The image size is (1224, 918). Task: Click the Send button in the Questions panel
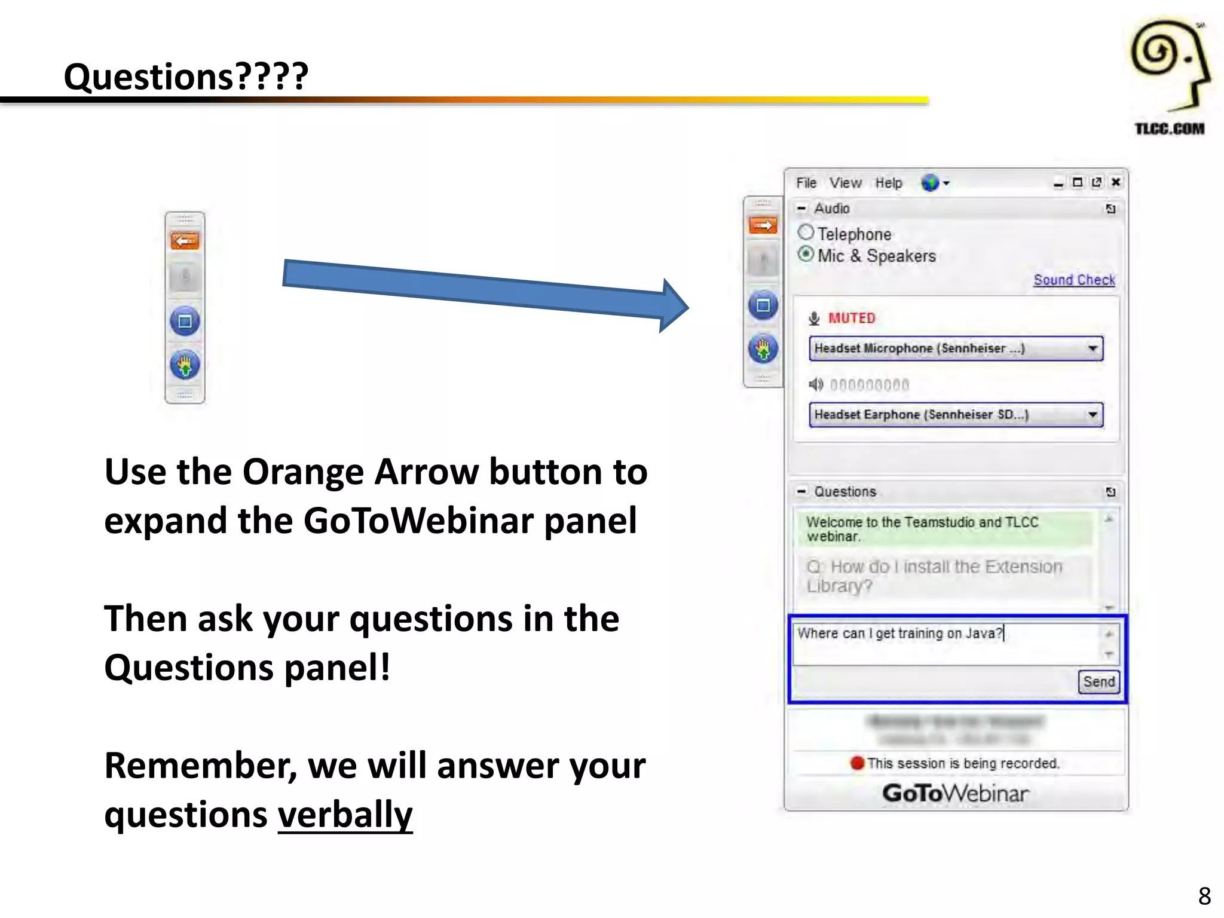click(1098, 681)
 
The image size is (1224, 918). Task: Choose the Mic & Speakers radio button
click(806, 254)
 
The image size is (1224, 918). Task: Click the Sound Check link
click(1074, 280)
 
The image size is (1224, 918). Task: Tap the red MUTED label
click(851, 318)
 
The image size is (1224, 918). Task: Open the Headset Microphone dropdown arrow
click(1093, 348)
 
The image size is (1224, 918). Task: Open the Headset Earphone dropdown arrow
click(1093, 415)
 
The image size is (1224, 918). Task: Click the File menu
click(806, 183)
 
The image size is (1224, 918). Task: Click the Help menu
click(889, 183)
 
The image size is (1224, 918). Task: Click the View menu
click(845, 183)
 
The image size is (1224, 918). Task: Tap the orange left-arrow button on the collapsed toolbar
click(185, 241)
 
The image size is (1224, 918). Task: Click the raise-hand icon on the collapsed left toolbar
click(185, 364)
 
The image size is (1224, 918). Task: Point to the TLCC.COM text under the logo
click(1169, 129)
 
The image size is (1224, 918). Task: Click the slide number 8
click(1204, 896)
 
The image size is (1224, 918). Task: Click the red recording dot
click(858, 763)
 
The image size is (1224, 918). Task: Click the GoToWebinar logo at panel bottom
click(955, 794)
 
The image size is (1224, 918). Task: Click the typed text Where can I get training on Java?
click(899, 634)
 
